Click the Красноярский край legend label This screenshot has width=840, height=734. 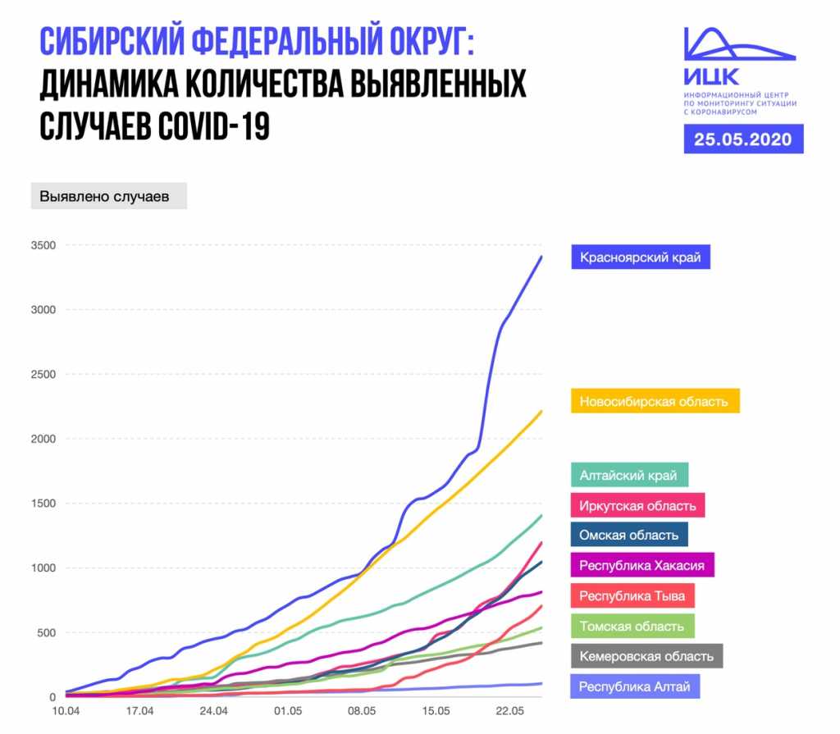tap(641, 258)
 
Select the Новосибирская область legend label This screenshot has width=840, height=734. tap(655, 401)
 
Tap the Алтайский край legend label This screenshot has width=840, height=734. tap(628, 475)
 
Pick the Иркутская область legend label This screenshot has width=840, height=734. tap(637, 505)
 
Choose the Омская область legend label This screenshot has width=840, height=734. tap(629, 535)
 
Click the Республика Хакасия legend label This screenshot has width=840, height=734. tap(641, 565)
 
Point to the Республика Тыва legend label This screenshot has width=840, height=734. tap(632, 595)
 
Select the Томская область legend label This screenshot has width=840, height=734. tap(632, 626)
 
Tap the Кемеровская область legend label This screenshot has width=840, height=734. tap(646, 656)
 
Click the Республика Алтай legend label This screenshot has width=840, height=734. tap(635, 686)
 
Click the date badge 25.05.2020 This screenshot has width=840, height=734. tap(743, 139)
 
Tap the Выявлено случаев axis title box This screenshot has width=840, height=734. tap(108, 197)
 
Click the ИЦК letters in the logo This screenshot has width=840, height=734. tap(710, 78)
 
